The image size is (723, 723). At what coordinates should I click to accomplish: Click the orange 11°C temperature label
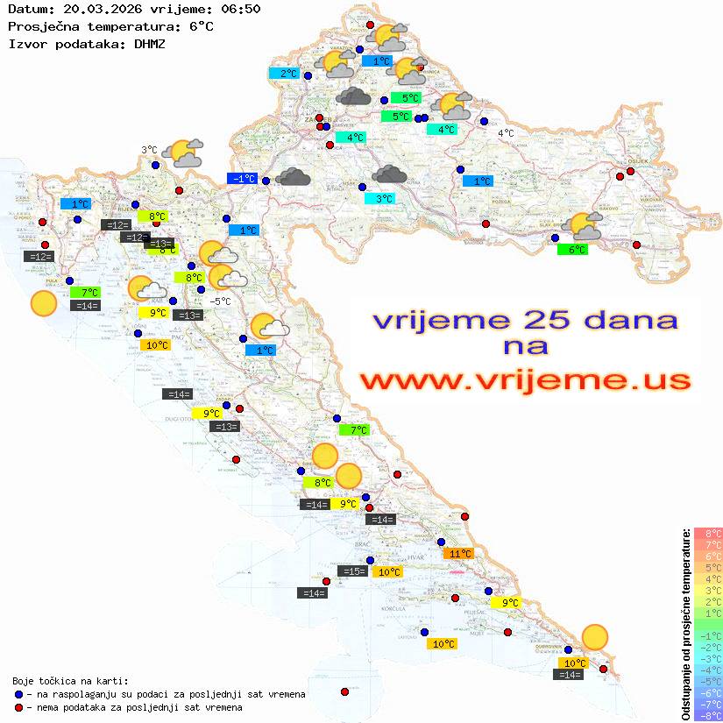point(461,553)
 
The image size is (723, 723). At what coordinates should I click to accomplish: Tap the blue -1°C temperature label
point(242,179)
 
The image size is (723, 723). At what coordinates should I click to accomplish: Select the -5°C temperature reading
point(221,301)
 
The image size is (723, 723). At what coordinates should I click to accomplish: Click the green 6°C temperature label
point(572,250)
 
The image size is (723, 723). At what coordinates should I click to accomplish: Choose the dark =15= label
point(353,571)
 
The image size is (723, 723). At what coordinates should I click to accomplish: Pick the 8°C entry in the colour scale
point(707,533)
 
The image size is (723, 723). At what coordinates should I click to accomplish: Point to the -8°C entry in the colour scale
point(707,715)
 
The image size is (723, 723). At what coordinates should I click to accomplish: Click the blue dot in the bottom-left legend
point(18,694)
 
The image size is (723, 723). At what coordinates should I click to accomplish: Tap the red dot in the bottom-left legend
point(18,707)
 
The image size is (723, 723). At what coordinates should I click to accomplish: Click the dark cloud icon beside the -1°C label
point(293,178)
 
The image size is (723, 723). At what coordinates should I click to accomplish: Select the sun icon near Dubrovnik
point(595,637)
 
